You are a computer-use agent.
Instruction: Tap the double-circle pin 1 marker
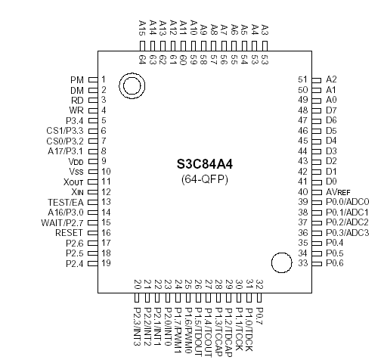point(132,87)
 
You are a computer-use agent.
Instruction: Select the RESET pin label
point(69,233)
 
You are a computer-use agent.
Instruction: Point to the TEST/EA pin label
point(64,202)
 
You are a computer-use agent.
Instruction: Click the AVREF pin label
point(340,192)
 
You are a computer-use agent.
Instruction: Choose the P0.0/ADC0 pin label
point(348,202)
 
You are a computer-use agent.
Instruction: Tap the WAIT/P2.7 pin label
point(63,222)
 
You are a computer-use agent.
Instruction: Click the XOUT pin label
point(73,182)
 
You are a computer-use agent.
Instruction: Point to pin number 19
point(107,263)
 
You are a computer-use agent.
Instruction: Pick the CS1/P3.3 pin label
point(64,131)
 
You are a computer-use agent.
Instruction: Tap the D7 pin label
point(331,110)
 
